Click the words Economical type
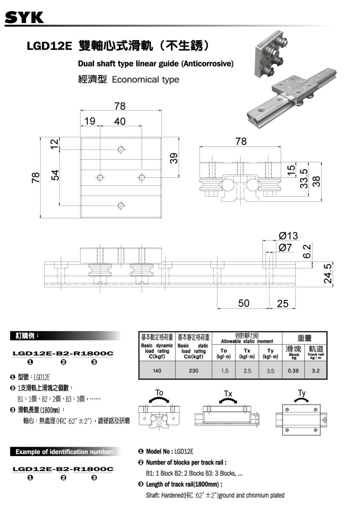tap(145, 80)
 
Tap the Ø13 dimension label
tap(288, 236)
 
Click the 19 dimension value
tap(90, 121)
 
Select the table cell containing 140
tap(157, 371)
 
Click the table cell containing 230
tap(193, 371)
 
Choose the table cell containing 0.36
tap(293, 371)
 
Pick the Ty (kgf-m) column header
tap(270, 353)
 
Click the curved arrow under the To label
tap(159, 400)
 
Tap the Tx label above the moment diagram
tap(228, 393)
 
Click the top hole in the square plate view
tap(121, 149)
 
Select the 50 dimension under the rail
tap(244, 303)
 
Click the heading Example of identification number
tap(64, 452)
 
